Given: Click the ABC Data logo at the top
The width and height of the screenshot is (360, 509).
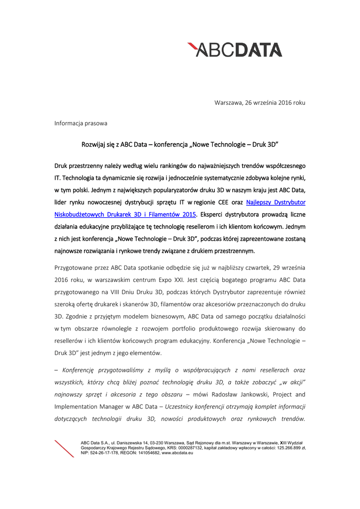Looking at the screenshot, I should point(235,50).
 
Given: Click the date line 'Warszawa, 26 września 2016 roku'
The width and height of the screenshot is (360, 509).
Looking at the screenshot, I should point(260,102).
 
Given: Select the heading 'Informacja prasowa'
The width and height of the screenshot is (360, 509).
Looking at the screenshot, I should point(81,123).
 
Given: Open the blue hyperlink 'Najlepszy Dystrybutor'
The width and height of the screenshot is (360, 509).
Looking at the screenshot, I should point(276,202).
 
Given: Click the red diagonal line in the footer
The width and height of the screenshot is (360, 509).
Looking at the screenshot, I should point(64,448).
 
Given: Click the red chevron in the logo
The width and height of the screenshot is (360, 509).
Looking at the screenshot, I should point(193,48).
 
